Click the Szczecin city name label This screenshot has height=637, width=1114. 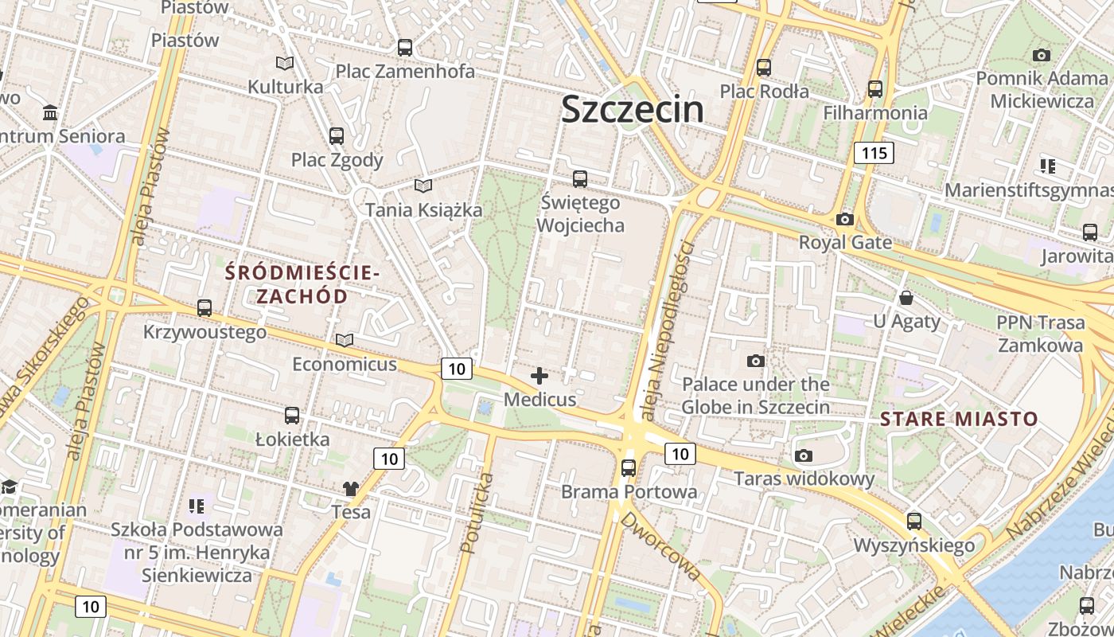click(x=633, y=109)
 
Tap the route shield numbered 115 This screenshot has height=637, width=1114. click(x=873, y=153)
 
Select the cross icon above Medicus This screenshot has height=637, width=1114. click(x=539, y=376)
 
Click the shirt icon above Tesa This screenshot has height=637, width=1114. click(x=351, y=488)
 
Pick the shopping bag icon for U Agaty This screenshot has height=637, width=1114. click(x=906, y=299)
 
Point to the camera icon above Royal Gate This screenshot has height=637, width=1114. click(x=845, y=219)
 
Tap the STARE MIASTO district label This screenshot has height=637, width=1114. click(x=959, y=419)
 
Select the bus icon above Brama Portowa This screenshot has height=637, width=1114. click(x=629, y=468)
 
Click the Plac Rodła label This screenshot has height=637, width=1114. click(x=764, y=91)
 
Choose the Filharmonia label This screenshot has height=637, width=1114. click(x=875, y=112)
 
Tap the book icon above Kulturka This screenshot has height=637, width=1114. click(x=284, y=63)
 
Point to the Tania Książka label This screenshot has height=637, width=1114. click(x=423, y=210)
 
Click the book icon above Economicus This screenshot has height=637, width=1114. click(x=344, y=341)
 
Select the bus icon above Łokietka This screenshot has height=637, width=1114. click(x=292, y=416)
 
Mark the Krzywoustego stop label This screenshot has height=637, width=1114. click(x=204, y=331)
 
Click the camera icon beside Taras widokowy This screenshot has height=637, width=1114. click(x=804, y=456)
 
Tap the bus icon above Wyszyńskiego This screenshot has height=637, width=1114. click(x=914, y=522)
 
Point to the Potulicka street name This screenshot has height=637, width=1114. click(x=476, y=514)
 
